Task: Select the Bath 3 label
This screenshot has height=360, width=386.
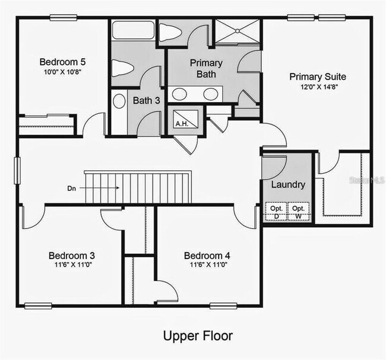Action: [x=146, y=100]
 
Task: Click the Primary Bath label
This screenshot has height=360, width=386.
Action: [x=206, y=69]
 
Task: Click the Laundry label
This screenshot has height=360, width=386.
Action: [x=288, y=184]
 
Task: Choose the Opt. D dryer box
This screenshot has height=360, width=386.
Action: [x=276, y=212]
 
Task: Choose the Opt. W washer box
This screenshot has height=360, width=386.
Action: [x=298, y=212]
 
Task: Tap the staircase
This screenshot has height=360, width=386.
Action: [x=139, y=187]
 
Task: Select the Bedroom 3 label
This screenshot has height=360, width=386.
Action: [x=71, y=256]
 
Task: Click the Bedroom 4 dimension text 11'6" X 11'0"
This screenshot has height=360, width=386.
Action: [x=207, y=266]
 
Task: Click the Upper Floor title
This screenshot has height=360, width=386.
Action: [x=198, y=336]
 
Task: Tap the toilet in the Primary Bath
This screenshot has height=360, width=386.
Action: [x=171, y=33]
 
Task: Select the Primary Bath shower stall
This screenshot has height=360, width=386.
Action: [x=238, y=31]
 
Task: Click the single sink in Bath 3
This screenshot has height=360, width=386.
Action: [x=119, y=101]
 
